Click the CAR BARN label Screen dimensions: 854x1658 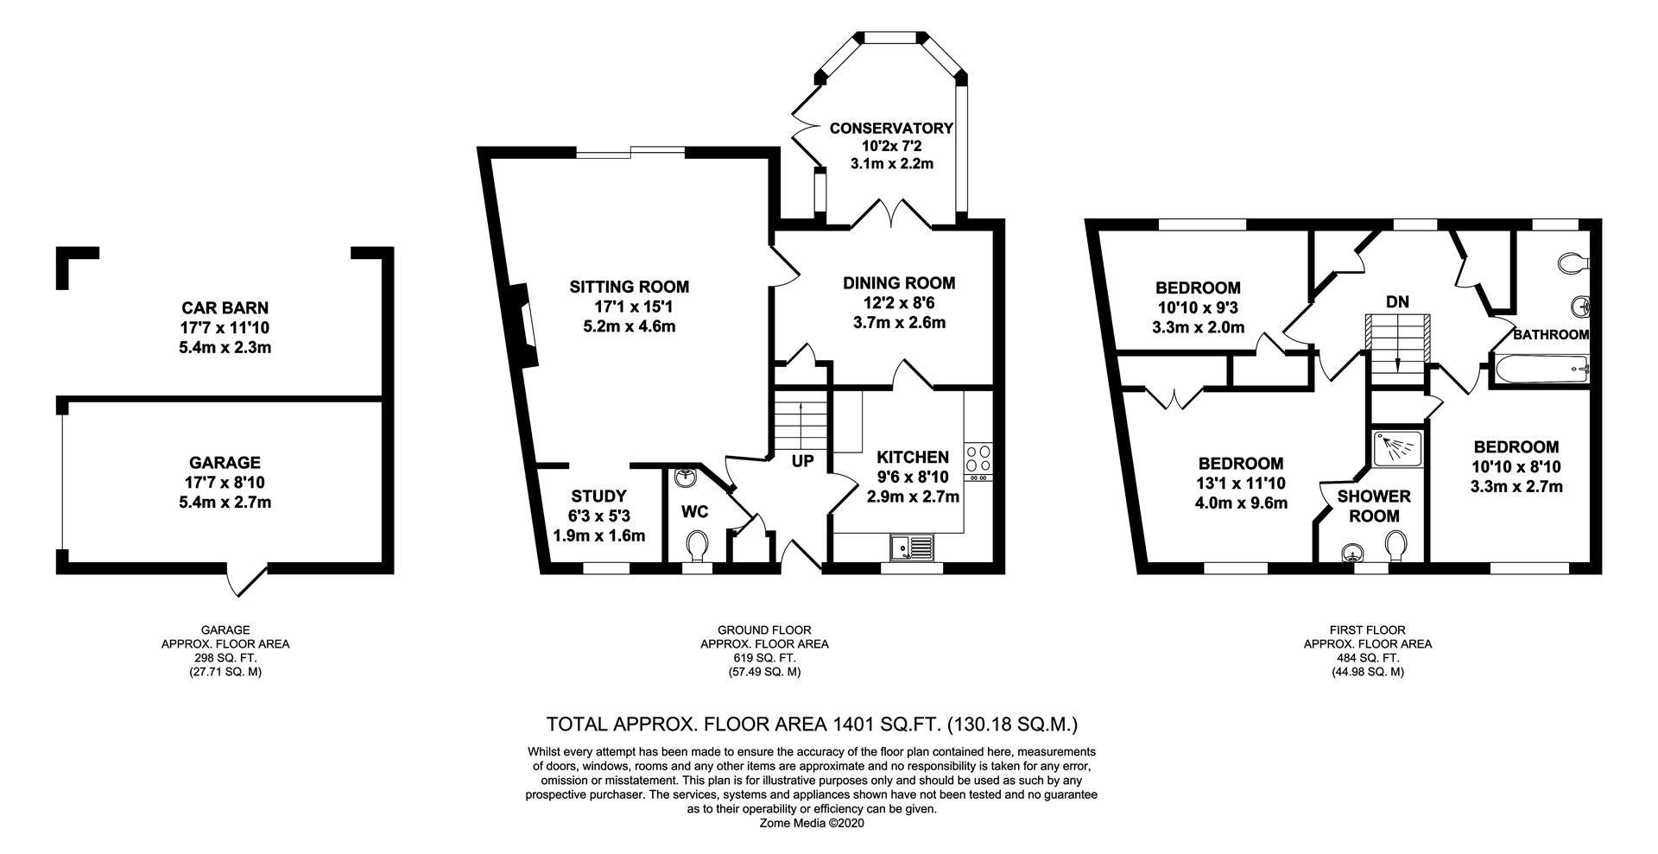225,307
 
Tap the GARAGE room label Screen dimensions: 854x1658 225,463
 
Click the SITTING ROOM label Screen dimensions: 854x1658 629,287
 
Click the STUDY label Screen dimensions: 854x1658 598,497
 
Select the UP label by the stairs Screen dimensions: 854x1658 802,462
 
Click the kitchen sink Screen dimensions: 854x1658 912,547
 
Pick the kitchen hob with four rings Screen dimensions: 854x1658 979,458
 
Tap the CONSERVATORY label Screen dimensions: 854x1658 891,129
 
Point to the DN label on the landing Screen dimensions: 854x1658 1397,302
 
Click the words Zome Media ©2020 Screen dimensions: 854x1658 811,823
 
